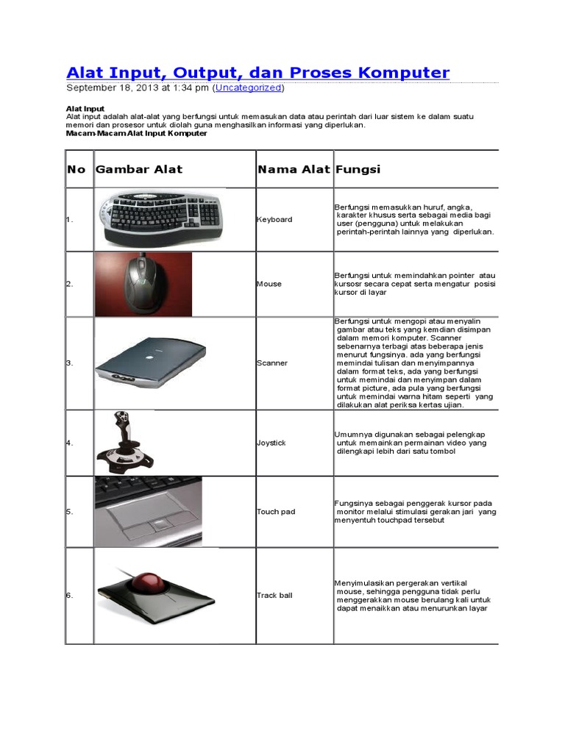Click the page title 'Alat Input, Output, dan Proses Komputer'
257,72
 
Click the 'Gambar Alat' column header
139,169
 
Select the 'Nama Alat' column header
294,169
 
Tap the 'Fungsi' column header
358,169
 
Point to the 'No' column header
76,169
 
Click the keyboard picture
160,218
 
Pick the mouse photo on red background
143,283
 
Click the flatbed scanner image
151,363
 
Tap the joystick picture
124,443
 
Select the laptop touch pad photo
148,512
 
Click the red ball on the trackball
149,580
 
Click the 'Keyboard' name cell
274,219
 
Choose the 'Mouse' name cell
269,284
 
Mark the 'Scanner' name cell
271,363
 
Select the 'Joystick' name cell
271,443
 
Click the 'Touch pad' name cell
275,511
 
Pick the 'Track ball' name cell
274,595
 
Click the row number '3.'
70,363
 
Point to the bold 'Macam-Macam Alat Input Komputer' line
136,133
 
